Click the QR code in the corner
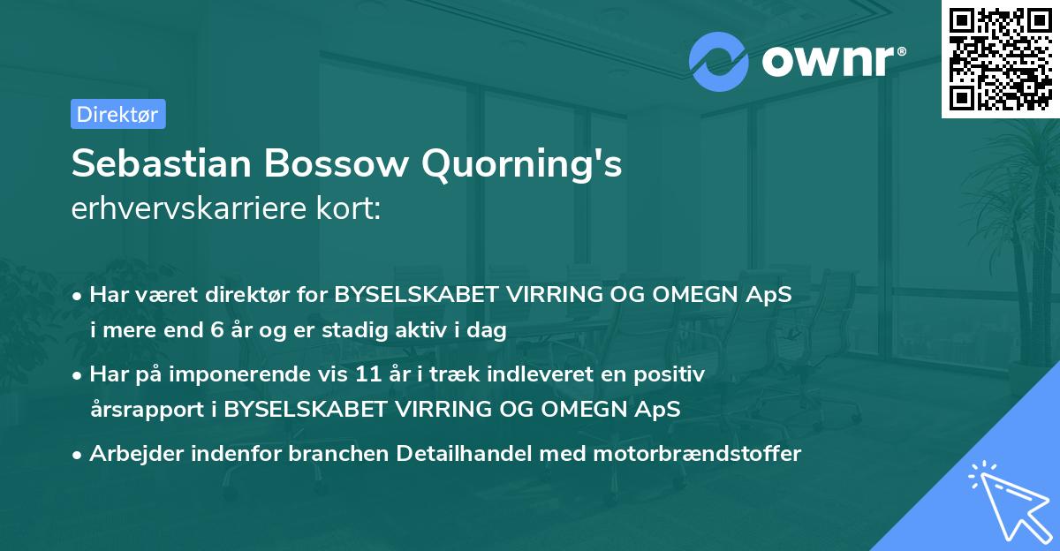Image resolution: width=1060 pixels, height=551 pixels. click(x=1000, y=59)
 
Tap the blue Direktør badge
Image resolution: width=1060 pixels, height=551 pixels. click(x=117, y=114)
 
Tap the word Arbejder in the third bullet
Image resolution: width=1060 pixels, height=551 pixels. click(x=130, y=454)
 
